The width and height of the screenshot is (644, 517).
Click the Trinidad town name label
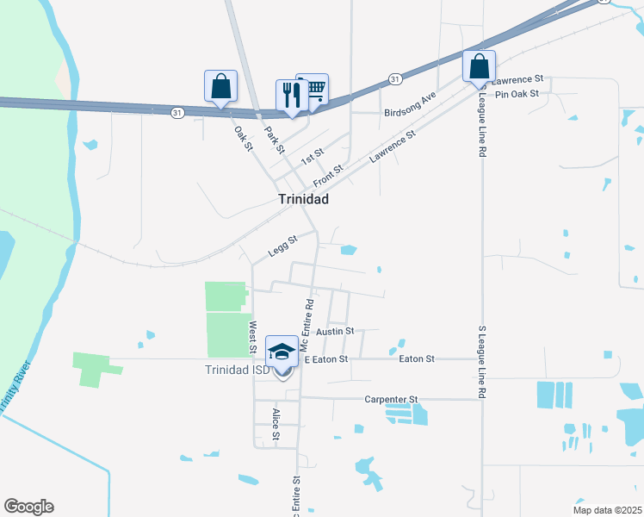tap(303, 199)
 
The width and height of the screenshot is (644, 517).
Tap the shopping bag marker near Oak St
tap(220, 87)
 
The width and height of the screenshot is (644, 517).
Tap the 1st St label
tap(312, 156)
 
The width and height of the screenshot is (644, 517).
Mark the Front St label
tap(328, 176)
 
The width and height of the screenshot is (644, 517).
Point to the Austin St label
tap(336, 331)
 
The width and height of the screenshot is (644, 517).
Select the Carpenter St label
tap(390, 400)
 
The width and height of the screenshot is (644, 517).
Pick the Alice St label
tap(276, 424)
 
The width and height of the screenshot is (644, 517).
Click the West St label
tap(253, 337)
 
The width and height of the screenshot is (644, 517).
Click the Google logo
tap(28, 507)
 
